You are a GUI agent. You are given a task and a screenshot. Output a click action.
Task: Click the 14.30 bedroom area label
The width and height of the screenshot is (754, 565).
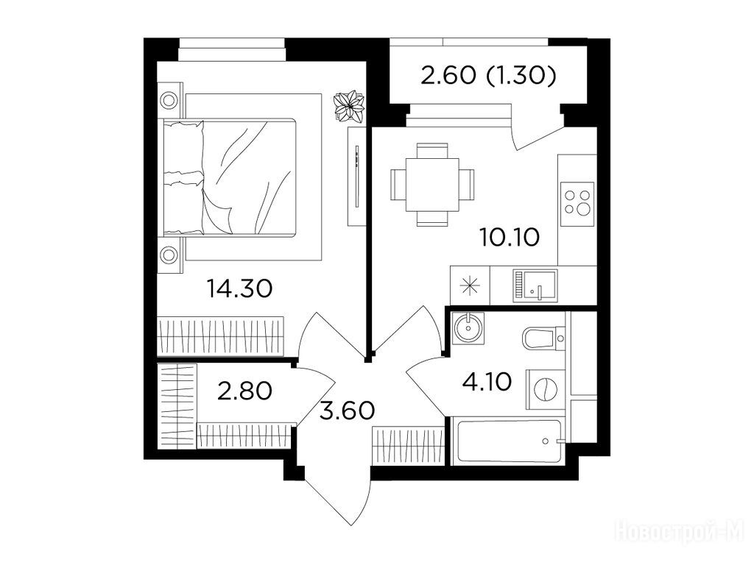pos(239,288)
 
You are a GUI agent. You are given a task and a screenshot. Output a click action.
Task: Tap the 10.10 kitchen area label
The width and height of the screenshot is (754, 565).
pos(510,237)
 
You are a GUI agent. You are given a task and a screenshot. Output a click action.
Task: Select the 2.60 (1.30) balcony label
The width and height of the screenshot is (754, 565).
pos(489,76)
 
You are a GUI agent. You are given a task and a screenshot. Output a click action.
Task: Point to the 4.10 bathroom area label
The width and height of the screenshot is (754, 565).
pos(487,383)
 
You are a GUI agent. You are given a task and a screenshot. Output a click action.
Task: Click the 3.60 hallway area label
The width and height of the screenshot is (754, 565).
pos(348,411)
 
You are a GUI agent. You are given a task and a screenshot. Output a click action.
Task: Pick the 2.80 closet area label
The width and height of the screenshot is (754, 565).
pos(245,391)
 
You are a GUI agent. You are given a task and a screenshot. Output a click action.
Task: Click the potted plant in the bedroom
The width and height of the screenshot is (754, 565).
pos(350,106)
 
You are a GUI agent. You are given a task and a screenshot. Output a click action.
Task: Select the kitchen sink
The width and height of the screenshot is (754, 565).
pos(535,286)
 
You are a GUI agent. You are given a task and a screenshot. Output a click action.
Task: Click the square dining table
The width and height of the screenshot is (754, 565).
pos(432,185)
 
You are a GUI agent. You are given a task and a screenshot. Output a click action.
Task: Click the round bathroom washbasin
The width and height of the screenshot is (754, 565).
pos(468,327)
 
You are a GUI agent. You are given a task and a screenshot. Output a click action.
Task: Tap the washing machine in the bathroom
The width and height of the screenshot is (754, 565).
pos(546,389)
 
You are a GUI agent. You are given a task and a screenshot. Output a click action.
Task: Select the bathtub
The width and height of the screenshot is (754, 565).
pos(508,441)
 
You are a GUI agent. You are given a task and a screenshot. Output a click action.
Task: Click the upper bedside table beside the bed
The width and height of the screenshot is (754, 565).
pos(170,100)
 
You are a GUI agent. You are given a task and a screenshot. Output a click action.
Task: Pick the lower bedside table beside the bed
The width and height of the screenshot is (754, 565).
pos(170,255)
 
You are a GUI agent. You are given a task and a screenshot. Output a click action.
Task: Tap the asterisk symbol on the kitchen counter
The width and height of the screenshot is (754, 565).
pos(470,286)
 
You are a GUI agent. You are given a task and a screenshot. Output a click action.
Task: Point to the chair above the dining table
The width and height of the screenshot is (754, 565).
pos(432,150)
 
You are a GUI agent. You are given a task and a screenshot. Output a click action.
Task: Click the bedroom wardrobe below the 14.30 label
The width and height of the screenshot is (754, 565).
pos(221,337)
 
